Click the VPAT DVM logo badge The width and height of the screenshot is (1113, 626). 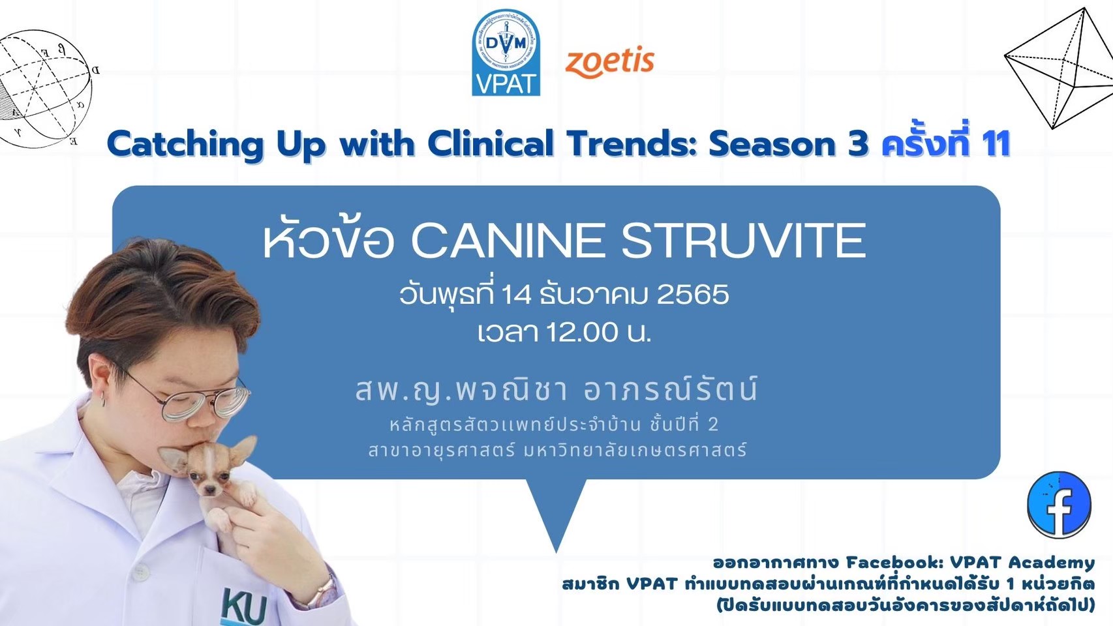(506, 52)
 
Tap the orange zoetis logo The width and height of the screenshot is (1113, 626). (609, 63)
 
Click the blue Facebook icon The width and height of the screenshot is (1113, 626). (1059, 504)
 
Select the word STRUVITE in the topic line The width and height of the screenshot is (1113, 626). (743, 241)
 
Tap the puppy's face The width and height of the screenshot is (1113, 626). (209, 471)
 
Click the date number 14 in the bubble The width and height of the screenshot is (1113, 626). (511, 295)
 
